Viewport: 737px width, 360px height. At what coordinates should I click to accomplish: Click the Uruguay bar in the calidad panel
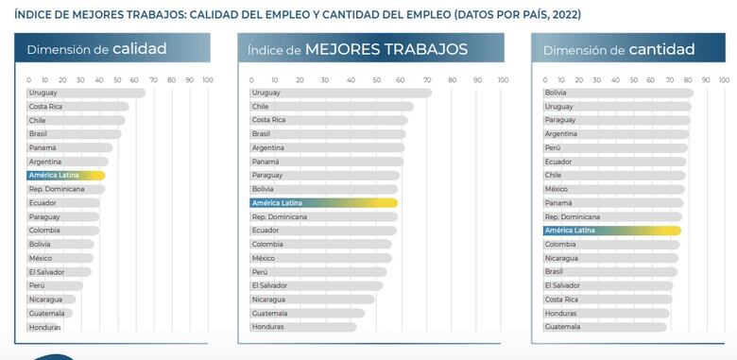pos(85,93)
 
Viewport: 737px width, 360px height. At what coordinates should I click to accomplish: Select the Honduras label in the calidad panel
pos(44,327)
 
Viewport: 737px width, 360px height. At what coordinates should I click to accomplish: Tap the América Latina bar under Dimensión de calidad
pos(66,176)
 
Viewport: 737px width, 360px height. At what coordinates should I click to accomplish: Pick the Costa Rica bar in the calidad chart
pos(77,107)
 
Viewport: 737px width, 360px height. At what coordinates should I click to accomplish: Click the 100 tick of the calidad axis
pos(208,79)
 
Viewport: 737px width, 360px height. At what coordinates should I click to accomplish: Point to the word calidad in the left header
pos(139,49)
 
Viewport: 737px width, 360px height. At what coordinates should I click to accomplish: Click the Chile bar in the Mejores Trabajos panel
pos(331,107)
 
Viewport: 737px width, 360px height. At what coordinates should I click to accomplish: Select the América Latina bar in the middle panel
pos(323,203)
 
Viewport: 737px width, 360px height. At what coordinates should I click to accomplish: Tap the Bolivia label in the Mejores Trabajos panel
pos(263,189)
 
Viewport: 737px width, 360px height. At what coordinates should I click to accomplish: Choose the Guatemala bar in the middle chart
pos(307,313)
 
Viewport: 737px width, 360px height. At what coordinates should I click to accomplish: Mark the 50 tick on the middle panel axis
pos(376,79)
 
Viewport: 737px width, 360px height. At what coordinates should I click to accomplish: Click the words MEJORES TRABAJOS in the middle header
pos(386,49)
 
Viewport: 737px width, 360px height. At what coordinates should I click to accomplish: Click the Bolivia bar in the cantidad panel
pos(618,93)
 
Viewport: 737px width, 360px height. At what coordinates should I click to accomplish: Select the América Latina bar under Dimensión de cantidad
pos(611,231)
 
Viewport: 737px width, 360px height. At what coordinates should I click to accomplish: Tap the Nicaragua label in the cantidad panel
pos(561,258)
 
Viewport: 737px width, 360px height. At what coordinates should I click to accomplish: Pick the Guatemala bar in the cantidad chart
pos(605,327)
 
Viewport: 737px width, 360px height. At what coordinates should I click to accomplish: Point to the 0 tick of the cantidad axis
pos(545,79)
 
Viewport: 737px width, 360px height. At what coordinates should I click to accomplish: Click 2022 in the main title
pos(561,15)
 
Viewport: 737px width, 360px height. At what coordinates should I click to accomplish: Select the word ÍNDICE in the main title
pos(34,15)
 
